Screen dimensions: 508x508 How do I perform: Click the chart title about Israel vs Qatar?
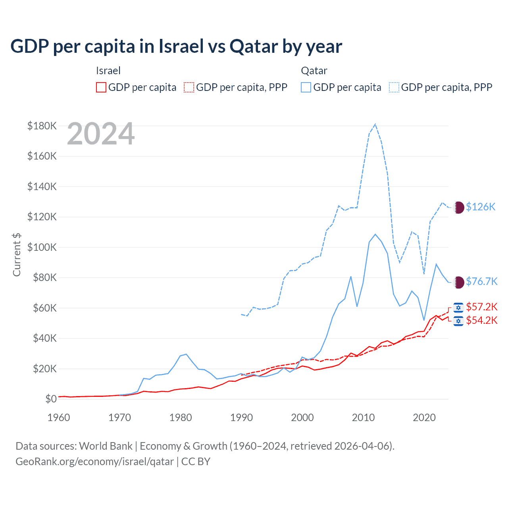click(176, 46)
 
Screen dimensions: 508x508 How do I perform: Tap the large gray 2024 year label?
click(101, 134)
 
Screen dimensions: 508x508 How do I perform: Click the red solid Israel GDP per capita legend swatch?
click(101, 87)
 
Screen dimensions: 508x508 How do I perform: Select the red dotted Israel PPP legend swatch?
click(189, 87)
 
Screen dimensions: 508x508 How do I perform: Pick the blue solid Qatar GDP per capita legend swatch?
click(306, 87)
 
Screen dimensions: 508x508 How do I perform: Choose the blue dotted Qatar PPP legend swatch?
click(394, 87)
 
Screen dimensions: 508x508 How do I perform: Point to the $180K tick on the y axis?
click(42, 126)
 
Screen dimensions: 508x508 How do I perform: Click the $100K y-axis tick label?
click(42, 247)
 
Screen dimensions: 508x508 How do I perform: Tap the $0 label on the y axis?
click(51, 399)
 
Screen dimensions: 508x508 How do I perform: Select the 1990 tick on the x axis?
click(241, 418)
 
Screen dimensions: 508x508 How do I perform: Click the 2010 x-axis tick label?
click(363, 418)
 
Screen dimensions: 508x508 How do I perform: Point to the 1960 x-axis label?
click(59, 418)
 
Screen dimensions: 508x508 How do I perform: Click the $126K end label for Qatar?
click(481, 207)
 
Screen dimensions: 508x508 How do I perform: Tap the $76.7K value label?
click(481, 281)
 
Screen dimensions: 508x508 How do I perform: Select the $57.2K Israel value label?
click(481, 307)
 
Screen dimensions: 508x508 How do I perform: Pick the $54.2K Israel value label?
click(481, 320)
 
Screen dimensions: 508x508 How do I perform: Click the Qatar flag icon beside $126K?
click(458, 207)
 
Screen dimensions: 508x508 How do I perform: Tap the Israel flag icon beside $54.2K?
click(458, 321)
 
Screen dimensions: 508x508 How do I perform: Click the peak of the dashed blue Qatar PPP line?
click(375, 124)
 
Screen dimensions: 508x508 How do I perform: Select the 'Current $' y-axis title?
click(17, 254)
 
